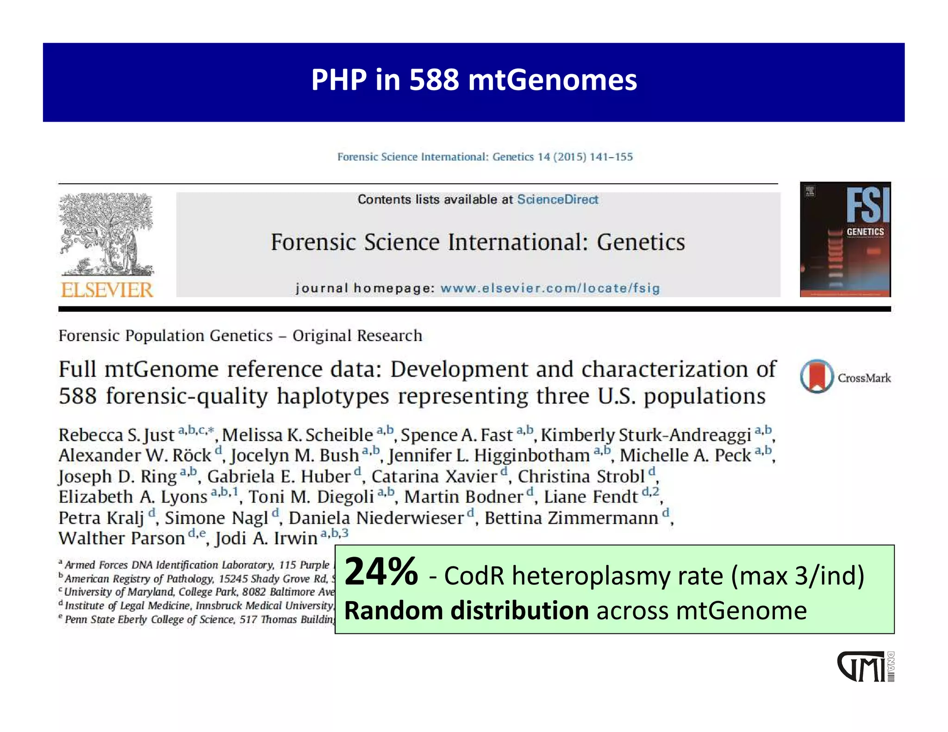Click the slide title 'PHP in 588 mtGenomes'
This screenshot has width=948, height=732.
click(x=474, y=80)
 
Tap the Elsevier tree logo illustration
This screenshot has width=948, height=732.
click(x=106, y=234)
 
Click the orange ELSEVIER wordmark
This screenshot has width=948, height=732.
click(x=107, y=290)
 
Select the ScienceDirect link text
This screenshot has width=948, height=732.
click(x=557, y=199)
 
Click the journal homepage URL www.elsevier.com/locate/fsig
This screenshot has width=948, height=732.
click(x=550, y=288)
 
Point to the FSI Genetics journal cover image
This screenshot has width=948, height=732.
click(x=845, y=239)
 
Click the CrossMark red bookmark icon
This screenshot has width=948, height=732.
click(x=817, y=376)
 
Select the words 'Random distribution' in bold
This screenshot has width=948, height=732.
click(x=466, y=611)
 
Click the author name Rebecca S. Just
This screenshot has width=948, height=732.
click(x=116, y=435)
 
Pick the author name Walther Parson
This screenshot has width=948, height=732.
click(x=122, y=538)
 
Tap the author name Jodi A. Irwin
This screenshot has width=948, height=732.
click(x=267, y=538)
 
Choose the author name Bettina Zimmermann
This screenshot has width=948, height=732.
click(x=571, y=518)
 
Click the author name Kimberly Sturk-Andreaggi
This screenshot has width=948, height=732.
click(x=646, y=435)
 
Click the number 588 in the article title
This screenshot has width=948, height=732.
click(x=78, y=396)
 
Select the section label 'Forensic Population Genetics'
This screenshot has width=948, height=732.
click(x=165, y=335)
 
